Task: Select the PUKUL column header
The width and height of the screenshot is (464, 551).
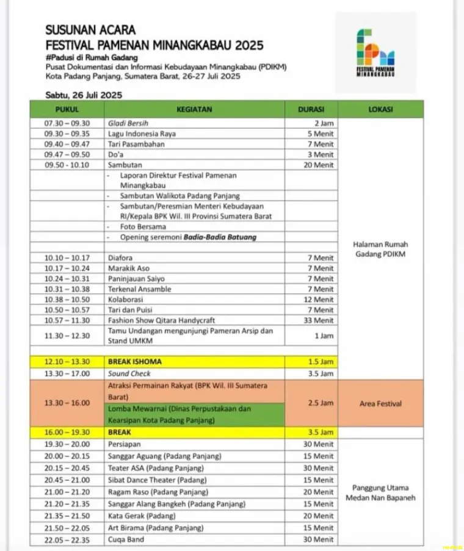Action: click(x=67, y=110)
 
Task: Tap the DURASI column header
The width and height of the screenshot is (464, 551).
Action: click(x=310, y=110)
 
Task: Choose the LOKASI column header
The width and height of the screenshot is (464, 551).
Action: click(x=380, y=110)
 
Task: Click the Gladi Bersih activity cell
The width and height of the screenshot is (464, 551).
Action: click(x=128, y=123)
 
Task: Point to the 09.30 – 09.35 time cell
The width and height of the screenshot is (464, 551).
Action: click(x=67, y=134)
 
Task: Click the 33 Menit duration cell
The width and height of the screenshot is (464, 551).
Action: click(x=321, y=320)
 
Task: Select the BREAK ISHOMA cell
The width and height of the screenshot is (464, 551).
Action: click(x=135, y=362)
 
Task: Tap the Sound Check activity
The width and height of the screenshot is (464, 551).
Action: click(x=129, y=373)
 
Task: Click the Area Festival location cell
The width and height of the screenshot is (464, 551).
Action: click(x=380, y=403)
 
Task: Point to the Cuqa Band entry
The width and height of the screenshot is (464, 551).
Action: click(x=127, y=539)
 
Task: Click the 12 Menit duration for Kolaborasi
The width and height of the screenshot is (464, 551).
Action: click(x=321, y=299)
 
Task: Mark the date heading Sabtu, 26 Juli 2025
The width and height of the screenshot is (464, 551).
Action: click(x=84, y=95)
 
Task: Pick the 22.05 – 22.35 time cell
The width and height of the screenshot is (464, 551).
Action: click(x=67, y=539)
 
